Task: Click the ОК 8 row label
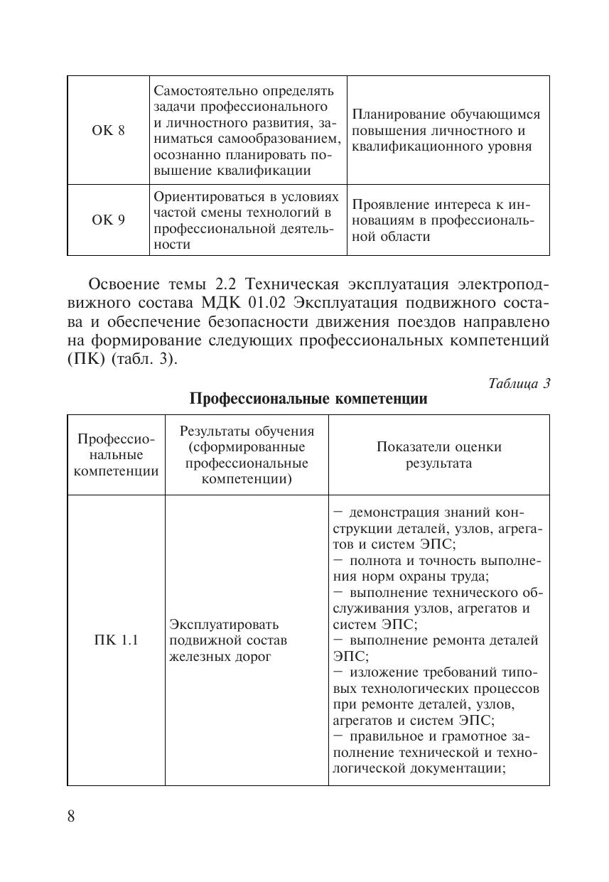click(x=108, y=131)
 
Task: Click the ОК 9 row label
click(x=108, y=220)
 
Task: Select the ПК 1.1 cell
click(x=116, y=640)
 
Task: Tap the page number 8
click(x=71, y=815)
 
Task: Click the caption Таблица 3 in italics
click(x=519, y=383)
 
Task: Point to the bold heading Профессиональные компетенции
click(x=308, y=399)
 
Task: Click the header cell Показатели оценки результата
click(x=438, y=455)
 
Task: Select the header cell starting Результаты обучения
click(x=247, y=455)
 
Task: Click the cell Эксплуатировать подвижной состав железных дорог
click(x=224, y=640)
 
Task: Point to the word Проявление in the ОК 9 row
click(x=387, y=205)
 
